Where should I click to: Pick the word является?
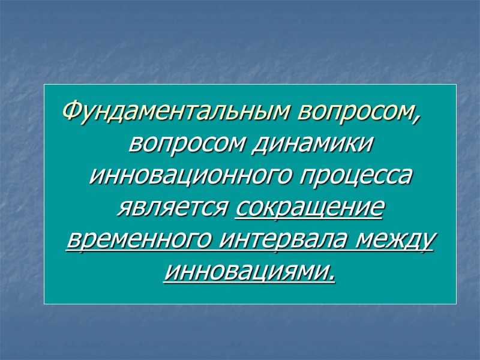point(170,209)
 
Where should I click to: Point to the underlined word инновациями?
point(246,274)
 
